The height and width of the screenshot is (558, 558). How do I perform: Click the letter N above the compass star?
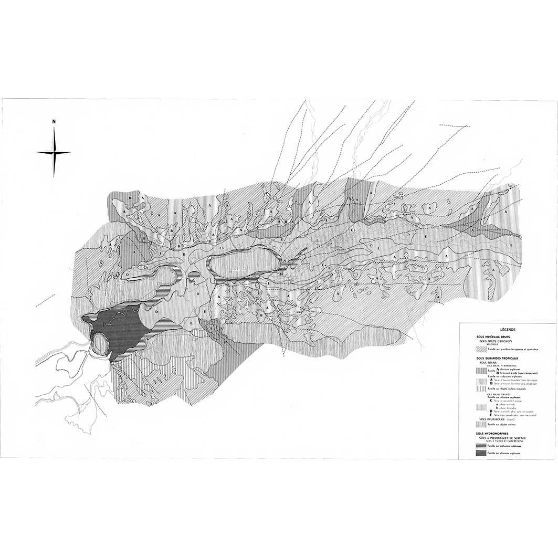coord(54,122)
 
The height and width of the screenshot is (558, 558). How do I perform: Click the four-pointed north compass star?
coord(54,152)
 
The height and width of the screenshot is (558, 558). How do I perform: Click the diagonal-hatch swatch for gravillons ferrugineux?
coord(481,349)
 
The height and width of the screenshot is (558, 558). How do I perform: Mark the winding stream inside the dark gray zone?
coord(118,318)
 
